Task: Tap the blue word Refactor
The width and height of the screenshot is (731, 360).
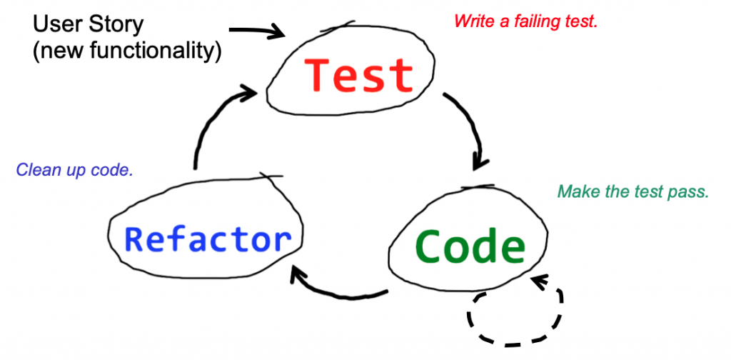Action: (x=208, y=239)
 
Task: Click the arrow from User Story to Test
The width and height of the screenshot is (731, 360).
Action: (x=257, y=31)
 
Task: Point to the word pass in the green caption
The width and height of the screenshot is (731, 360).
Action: (x=690, y=192)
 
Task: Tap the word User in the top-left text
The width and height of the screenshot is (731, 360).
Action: (x=59, y=24)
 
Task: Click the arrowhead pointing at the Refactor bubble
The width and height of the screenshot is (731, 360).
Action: (x=298, y=277)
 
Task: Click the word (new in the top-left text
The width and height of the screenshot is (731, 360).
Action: (x=51, y=52)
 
